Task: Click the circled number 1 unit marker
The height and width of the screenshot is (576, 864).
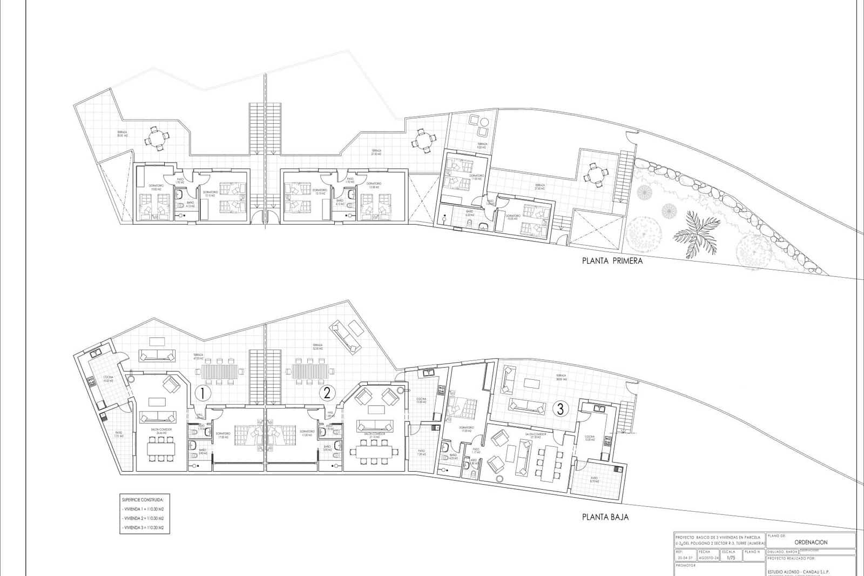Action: coord(201,393)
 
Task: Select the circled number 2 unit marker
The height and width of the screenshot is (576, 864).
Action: coord(326,393)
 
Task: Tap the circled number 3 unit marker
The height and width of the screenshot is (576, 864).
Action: coord(561,409)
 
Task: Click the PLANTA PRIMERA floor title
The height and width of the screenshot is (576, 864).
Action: coord(612,261)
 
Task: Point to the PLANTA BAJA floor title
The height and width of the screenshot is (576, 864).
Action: coord(605,517)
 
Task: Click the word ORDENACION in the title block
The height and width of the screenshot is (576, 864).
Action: coord(811,542)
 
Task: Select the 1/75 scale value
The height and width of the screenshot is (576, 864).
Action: coord(731,558)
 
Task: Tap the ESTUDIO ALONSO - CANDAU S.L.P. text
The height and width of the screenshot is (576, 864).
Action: coord(798,571)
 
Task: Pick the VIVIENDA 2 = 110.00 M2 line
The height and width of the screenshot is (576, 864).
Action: coord(144,518)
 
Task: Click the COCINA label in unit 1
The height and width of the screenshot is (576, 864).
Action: coord(107,379)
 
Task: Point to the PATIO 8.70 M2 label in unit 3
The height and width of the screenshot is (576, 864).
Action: coord(594,479)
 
